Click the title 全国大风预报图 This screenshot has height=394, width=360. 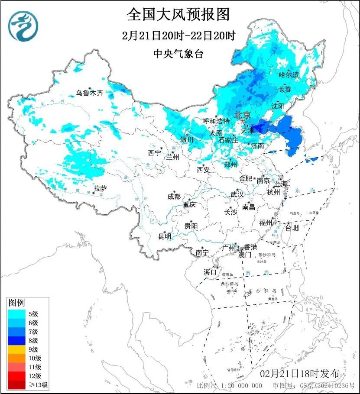tap(178, 14)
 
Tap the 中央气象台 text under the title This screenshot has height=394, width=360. tap(178, 54)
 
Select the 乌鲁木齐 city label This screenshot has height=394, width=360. tap(90, 93)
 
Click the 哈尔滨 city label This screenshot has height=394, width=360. tap(289, 75)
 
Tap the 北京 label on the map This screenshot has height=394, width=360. tap(242, 115)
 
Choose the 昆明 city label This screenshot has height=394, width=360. tap(165, 236)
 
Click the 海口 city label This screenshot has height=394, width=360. tap(210, 272)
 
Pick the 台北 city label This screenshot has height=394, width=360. tap(292, 228)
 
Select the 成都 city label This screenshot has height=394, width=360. tap(174, 196)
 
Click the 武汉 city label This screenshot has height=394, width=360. tap(237, 194)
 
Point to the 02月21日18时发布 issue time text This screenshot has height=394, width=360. tap(299, 373)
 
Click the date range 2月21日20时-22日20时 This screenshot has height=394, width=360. tap(178, 36)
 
